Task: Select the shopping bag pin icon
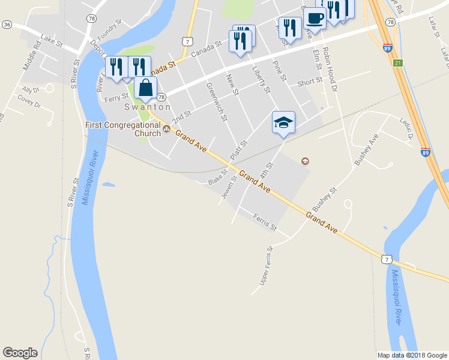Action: coord(146,88)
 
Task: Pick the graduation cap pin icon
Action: coord(283,122)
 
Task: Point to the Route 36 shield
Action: coord(7,24)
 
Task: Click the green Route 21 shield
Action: coord(397,62)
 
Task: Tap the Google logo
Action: coord(20,353)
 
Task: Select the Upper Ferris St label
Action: coord(265,265)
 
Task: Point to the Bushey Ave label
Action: coord(366,150)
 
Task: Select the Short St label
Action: coord(309,80)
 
